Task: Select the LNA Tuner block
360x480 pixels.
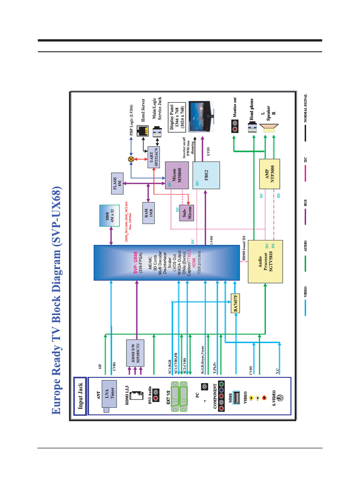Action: [111, 398]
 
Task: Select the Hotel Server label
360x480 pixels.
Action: [143, 112]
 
